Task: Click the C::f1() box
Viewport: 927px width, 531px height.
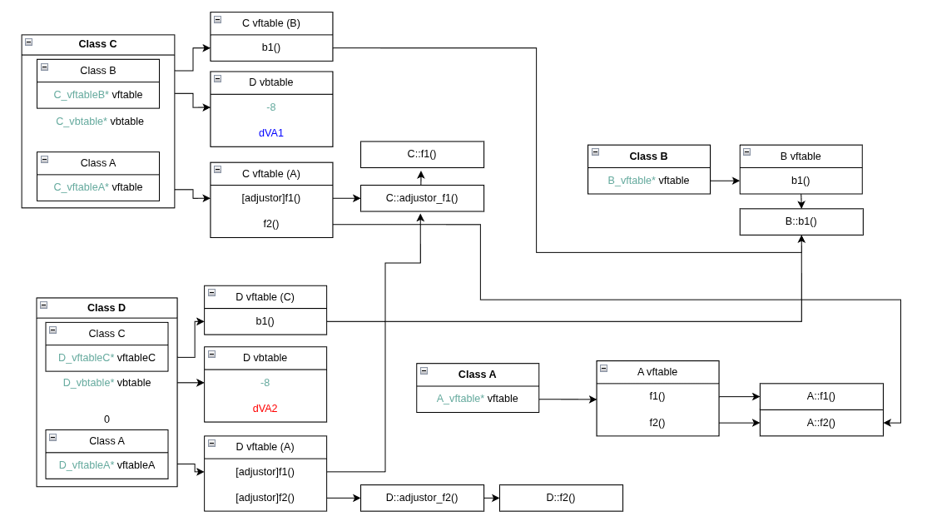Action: pos(422,154)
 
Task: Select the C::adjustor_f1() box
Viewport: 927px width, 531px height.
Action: pos(422,198)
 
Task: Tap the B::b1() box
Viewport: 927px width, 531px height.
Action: pos(801,221)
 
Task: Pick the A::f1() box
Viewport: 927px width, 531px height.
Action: pos(821,396)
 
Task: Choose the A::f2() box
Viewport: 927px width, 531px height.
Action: pos(821,423)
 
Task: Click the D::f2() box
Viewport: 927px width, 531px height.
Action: pos(561,498)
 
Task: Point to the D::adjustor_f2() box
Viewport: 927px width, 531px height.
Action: pos(422,498)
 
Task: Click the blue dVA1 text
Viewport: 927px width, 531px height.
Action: pos(271,133)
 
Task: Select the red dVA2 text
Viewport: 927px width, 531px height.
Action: pos(265,409)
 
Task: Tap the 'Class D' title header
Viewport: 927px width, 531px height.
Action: pos(107,308)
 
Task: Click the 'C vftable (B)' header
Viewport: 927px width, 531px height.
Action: pos(271,23)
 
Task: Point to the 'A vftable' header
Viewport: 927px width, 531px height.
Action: pos(657,372)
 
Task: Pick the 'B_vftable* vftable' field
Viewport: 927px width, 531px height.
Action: pos(648,181)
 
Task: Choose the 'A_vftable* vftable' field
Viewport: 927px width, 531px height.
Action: pos(478,399)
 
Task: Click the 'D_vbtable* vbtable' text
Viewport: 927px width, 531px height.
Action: pos(107,383)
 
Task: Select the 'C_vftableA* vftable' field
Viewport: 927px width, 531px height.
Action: pos(98,187)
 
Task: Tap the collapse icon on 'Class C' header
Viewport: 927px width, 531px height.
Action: pos(28,42)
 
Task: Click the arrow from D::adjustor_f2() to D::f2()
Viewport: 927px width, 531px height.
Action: pos(492,498)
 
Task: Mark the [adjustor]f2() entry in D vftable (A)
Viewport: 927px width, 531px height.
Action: pos(265,498)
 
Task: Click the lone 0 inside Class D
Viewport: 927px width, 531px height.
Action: pos(107,419)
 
